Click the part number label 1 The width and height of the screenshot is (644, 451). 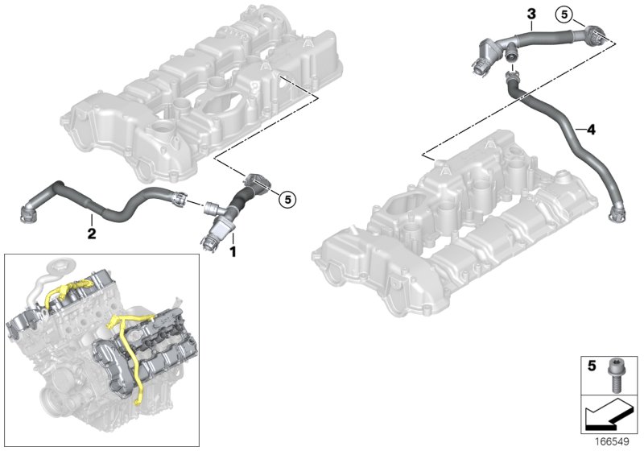pyautogui.click(x=233, y=252)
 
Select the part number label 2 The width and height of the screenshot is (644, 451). pyautogui.click(x=92, y=234)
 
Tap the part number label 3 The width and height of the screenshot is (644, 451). pyautogui.click(x=530, y=14)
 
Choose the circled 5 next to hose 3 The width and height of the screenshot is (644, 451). pyautogui.click(x=566, y=14)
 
